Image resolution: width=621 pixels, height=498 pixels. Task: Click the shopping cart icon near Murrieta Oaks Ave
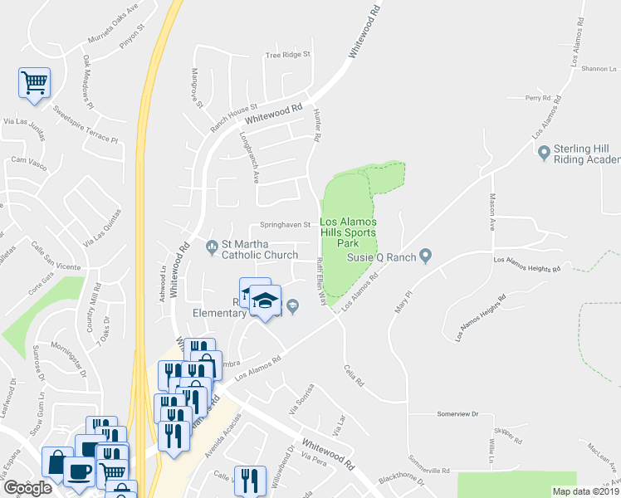click(33, 83)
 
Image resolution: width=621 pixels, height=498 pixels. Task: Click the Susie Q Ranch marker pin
click(426, 255)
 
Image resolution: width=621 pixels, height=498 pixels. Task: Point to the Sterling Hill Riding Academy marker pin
click(545, 153)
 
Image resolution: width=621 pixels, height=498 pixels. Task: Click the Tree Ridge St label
click(286, 55)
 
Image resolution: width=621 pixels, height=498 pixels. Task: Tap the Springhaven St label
click(285, 224)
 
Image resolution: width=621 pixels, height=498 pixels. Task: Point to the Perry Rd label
click(538, 98)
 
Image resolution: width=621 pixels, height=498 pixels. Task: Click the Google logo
click(28, 488)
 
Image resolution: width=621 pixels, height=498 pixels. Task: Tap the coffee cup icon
click(80, 471)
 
